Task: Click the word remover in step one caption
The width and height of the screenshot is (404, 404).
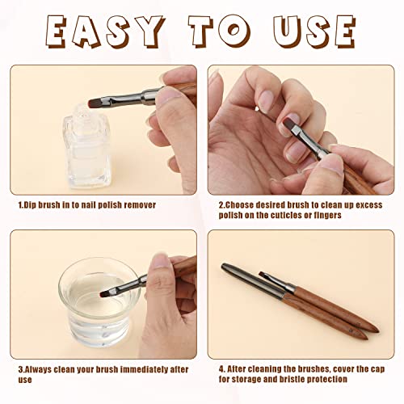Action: point(138,205)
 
